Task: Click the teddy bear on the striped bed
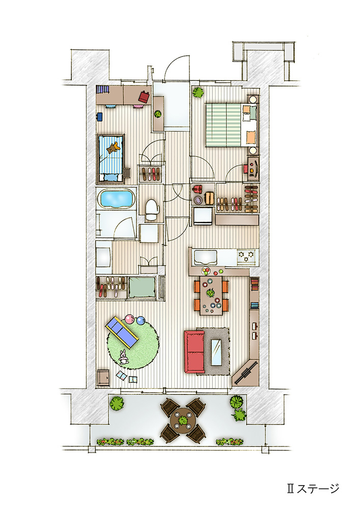[113, 148]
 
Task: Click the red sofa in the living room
[194, 352]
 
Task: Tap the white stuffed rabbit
[123, 357]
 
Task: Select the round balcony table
[183, 420]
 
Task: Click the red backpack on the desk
[145, 96]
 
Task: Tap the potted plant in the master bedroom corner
[199, 92]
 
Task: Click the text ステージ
[318, 488]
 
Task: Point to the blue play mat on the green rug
[122, 333]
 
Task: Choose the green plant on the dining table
[211, 293]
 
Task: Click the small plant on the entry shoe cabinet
[158, 114]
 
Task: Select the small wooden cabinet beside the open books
[103, 378]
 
